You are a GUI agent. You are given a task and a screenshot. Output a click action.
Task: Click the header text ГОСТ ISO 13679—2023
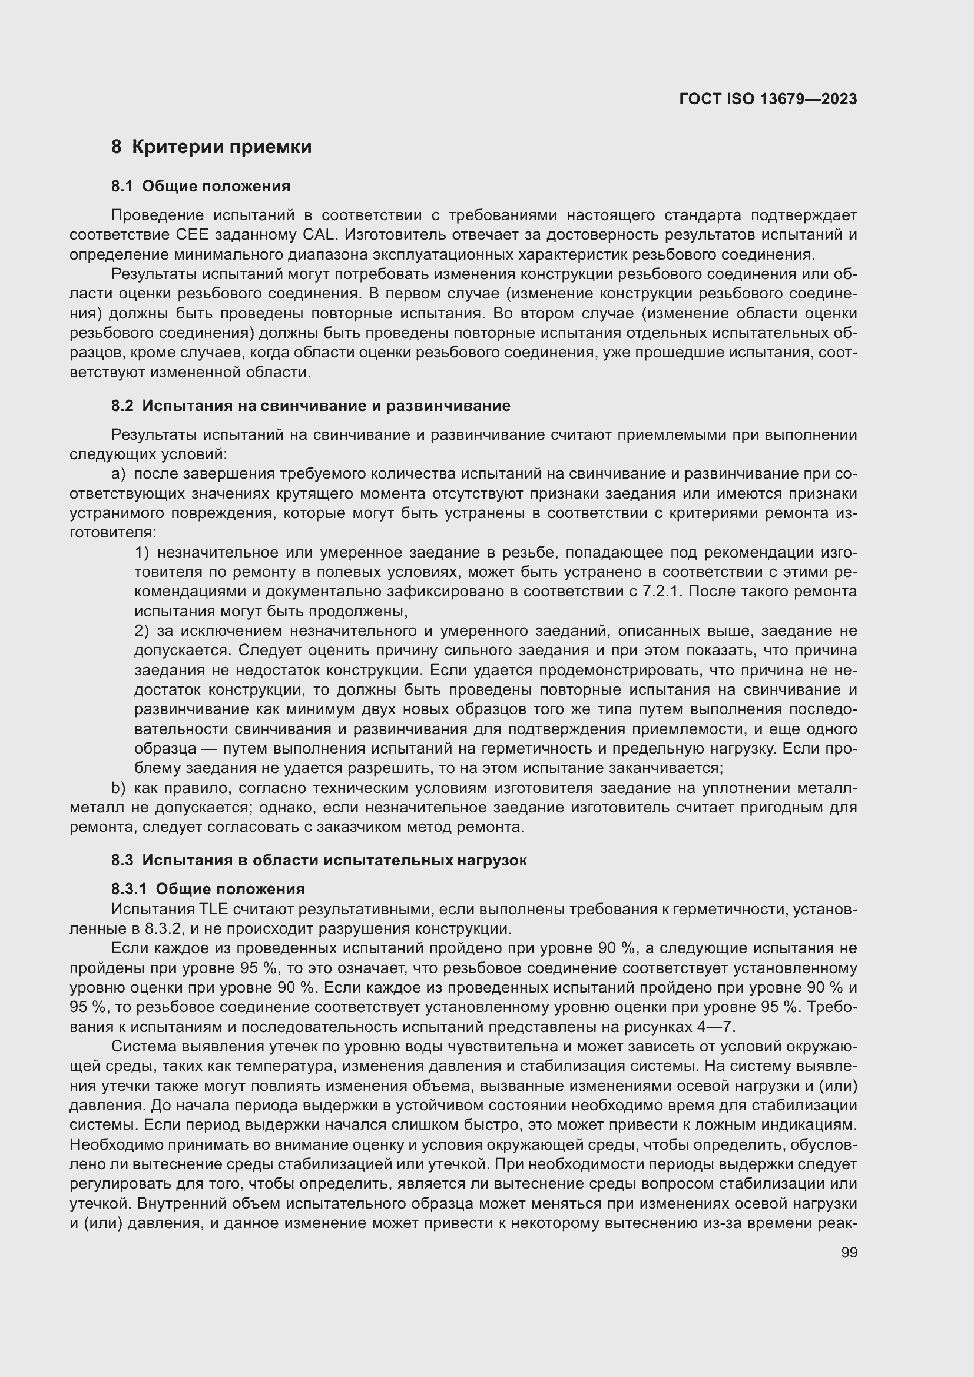pos(768,99)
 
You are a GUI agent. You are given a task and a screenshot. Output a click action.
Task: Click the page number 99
pos(849,1252)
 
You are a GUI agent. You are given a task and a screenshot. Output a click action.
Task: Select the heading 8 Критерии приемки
pos(211,147)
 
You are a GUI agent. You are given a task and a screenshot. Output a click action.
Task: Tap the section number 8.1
pos(122,187)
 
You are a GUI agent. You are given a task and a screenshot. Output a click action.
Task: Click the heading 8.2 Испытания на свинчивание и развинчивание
pos(311,406)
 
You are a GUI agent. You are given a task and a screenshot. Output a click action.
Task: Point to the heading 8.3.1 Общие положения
pos(207,889)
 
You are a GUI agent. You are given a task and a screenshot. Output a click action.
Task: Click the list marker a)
pos(119,474)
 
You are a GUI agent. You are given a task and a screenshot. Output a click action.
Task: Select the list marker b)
pos(119,788)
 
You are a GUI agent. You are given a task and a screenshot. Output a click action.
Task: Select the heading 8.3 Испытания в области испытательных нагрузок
pos(319,861)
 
